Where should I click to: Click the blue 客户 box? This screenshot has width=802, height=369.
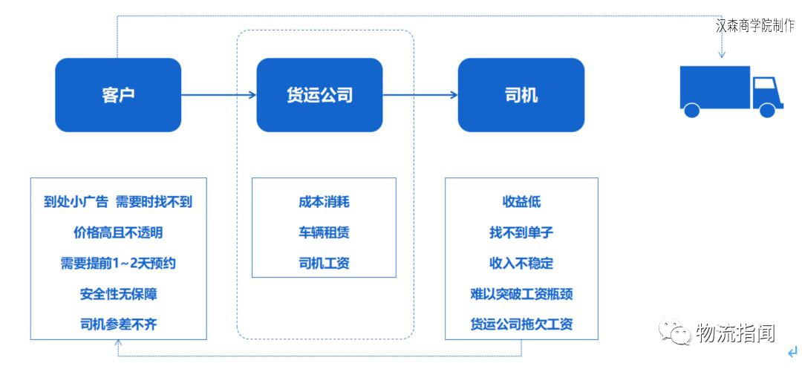click(x=118, y=95)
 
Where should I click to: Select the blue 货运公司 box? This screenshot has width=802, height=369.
click(x=319, y=95)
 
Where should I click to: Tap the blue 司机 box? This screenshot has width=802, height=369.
click(x=521, y=95)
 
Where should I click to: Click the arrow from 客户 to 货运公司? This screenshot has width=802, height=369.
click(x=219, y=94)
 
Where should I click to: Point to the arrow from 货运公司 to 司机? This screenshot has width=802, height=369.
click(x=420, y=94)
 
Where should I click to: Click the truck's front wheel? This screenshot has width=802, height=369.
click(x=767, y=110)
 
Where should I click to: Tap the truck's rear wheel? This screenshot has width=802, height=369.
click(x=691, y=110)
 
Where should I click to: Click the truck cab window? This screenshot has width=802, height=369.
click(x=763, y=85)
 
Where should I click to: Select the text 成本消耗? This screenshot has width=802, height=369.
click(x=325, y=203)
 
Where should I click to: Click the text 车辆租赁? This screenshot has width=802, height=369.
click(x=325, y=233)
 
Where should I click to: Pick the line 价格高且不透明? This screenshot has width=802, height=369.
click(x=118, y=233)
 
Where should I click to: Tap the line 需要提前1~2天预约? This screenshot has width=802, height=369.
click(x=118, y=264)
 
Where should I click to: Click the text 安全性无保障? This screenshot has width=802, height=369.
click(x=118, y=294)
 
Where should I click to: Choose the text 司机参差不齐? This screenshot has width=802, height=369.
click(x=118, y=324)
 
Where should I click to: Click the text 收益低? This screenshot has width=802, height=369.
click(x=521, y=203)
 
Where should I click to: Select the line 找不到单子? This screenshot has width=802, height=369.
click(x=521, y=233)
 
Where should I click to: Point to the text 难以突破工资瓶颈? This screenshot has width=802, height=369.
click(x=521, y=294)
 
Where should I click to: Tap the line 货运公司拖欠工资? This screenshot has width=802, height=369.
click(x=521, y=324)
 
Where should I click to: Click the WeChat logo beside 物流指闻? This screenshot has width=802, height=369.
click(x=674, y=332)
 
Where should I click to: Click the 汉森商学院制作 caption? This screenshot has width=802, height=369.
click(x=755, y=25)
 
